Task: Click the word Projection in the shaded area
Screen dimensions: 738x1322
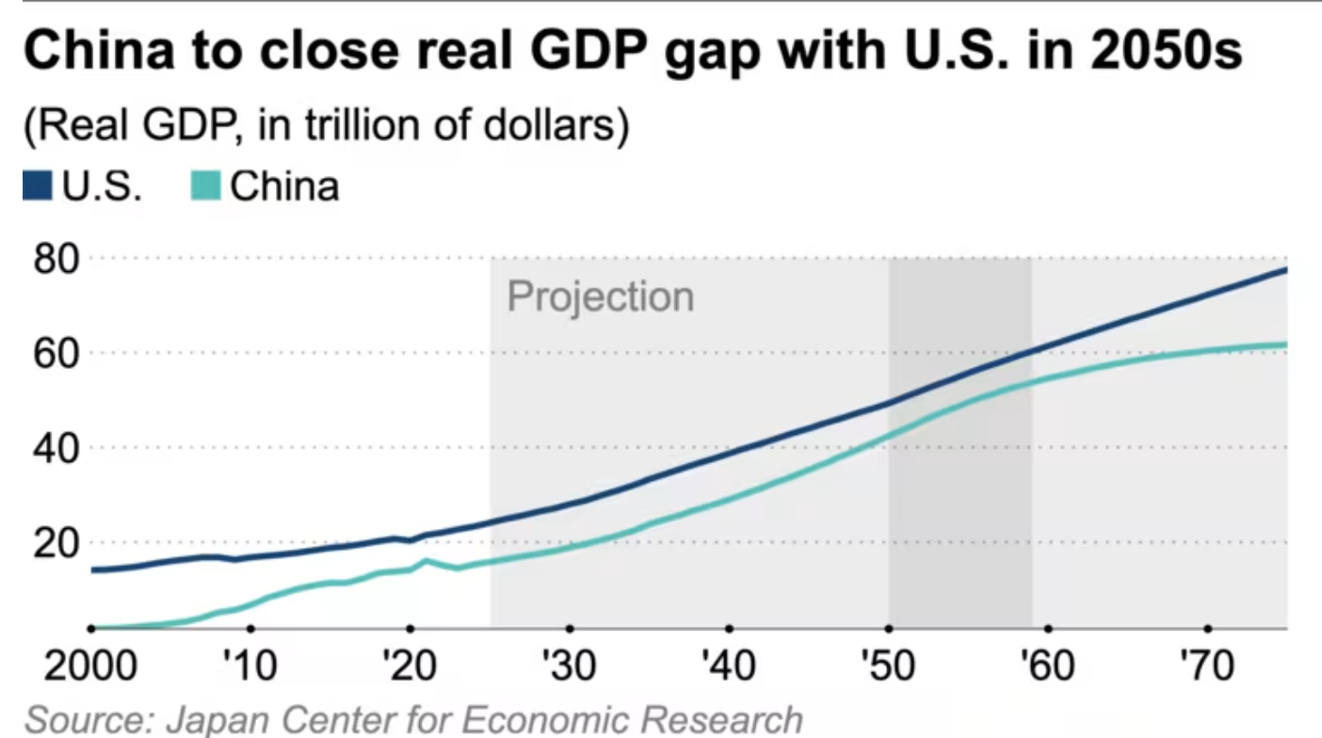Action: point(600,297)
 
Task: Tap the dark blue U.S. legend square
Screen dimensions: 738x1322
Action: point(39,186)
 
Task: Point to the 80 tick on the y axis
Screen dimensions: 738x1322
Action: point(55,258)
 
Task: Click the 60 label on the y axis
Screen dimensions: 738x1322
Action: point(55,353)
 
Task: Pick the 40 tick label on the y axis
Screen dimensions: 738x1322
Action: point(55,448)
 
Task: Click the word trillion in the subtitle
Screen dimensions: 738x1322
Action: point(344,126)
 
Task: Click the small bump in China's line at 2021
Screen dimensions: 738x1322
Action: point(427,561)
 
